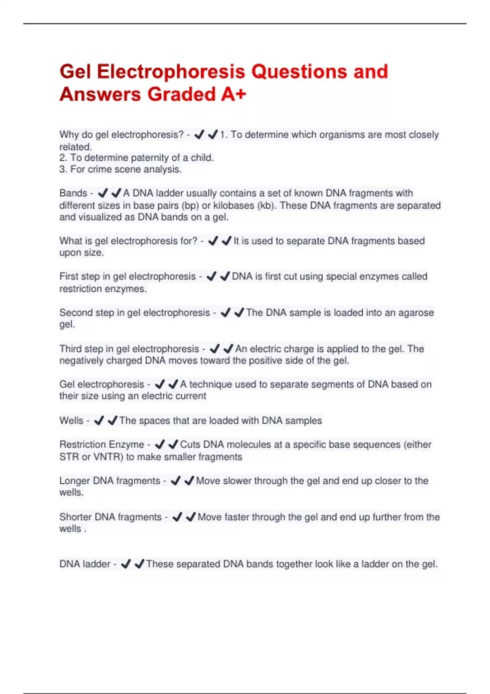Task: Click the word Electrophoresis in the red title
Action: [x=171, y=72]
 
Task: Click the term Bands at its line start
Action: [x=73, y=193]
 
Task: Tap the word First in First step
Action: [x=69, y=276]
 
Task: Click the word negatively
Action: [x=81, y=361]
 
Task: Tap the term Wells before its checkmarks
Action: [x=71, y=421]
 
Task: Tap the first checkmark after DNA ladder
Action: [x=126, y=564]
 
